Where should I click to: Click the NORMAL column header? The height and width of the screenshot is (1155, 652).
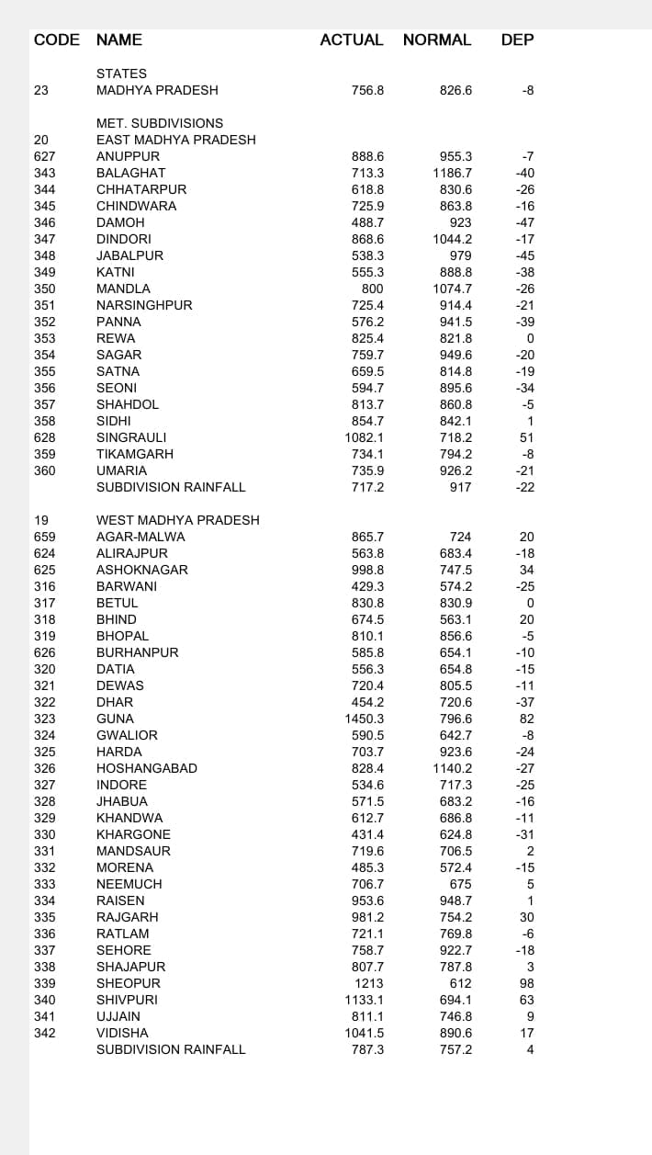[436, 40]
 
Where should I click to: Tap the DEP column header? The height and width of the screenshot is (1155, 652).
[517, 40]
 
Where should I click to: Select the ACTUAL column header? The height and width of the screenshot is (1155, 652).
[352, 40]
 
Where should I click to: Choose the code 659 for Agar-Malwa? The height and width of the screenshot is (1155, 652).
[44, 537]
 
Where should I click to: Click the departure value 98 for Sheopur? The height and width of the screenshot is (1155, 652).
[526, 983]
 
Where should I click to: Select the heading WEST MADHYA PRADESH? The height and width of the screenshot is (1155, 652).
[178, 520]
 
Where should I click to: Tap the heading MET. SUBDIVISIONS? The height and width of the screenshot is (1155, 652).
[160, 123]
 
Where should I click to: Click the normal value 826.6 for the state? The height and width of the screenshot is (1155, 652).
[456, 90]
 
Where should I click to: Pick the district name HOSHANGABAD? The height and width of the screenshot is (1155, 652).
[147, 768]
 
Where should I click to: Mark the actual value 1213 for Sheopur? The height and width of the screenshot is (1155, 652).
[367, 983]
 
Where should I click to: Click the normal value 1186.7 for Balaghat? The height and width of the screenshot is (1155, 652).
[453, 173]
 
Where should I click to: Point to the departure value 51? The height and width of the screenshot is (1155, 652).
[526, 437]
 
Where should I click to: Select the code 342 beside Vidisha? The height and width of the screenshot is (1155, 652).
[44, 1033]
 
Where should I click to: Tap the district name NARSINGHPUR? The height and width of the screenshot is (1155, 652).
[144, 305]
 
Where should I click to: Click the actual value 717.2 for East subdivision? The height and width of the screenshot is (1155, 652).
[367, 487]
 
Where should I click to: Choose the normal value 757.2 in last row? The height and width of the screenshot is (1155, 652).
[456, 1049]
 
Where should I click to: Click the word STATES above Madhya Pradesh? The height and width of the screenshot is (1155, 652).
[121, 74]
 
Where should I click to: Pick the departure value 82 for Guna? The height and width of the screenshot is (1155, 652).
[526, 719]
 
